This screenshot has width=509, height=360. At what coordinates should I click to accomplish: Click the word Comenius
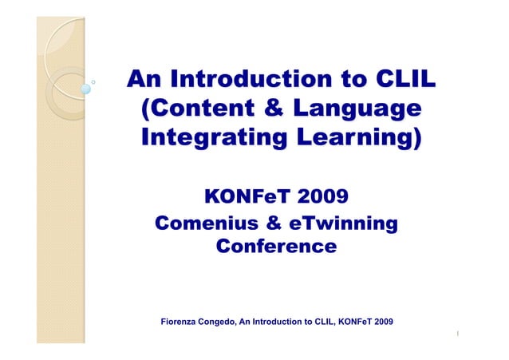[206, 223]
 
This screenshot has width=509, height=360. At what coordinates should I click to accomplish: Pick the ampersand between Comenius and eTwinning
[274, 223]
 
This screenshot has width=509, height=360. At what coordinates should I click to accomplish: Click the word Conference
[275, 247]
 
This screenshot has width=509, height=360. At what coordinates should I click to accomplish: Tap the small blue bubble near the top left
[85, 89]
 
